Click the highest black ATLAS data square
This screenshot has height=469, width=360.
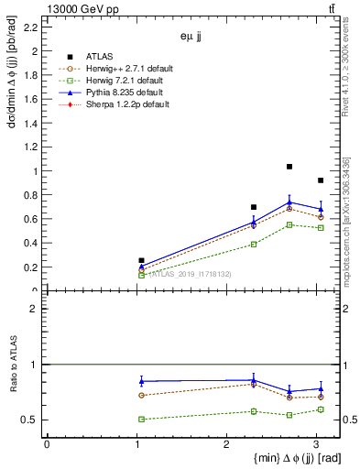pyautogui.click(x=289, y=167)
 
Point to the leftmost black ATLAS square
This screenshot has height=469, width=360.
pyautogui.click(x=141, y=261)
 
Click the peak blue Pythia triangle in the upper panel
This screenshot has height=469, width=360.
pyautogui.click(x=289, y=202)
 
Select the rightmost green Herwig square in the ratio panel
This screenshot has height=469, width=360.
pyautogui.click(x=321, y=409)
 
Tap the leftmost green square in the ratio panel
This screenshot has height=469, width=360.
pyautogui.click(x=141, y=419)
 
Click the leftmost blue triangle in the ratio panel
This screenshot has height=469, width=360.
pyautogui.click(x=141, y=381)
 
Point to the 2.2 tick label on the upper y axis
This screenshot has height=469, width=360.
pyautogui.click(x=31, y=28)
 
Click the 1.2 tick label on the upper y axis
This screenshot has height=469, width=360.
pyautogui.click(x=31, y=147)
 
